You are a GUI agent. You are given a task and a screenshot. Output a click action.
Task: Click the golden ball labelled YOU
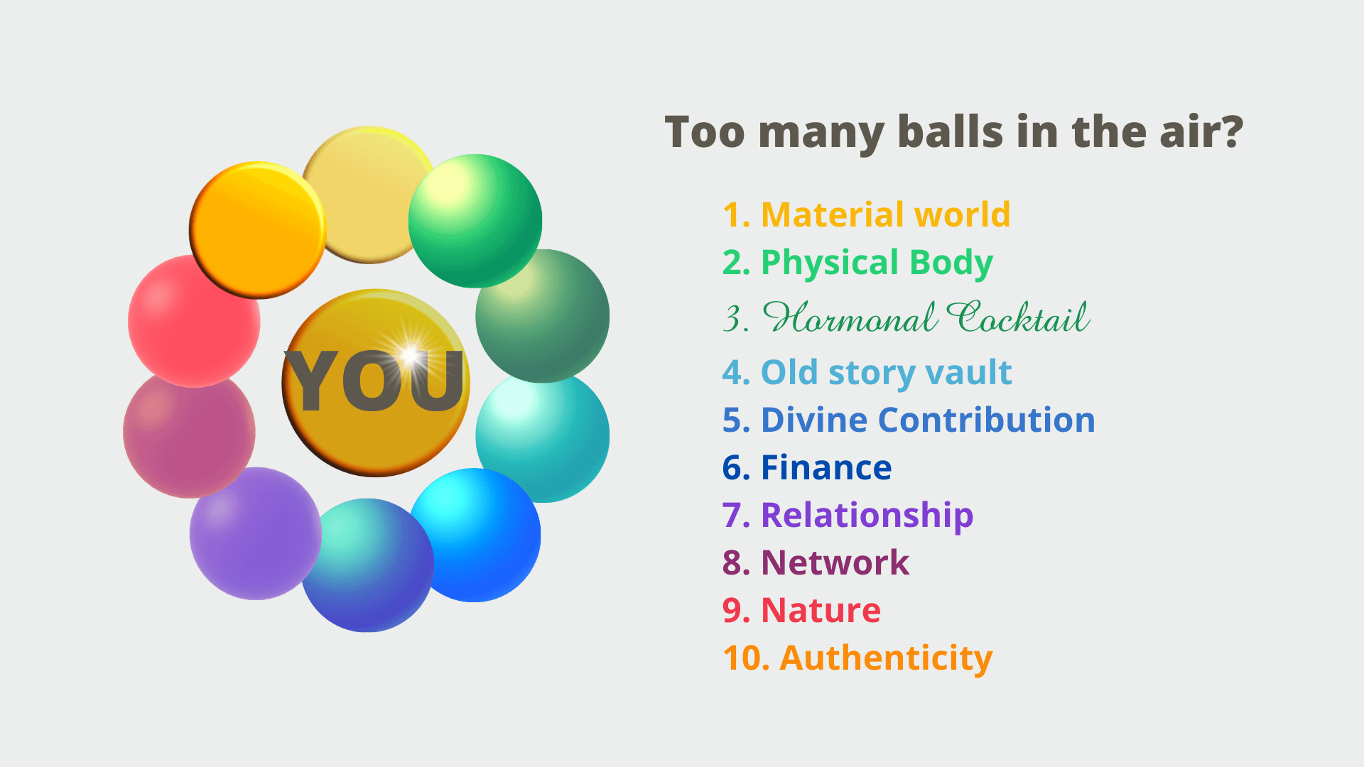tap(376, 383)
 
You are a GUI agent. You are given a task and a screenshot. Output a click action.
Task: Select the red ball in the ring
tap(194, 321)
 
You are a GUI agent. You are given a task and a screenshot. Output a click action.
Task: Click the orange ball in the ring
tap(257, 230)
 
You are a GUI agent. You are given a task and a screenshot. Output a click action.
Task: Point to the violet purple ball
tap(256, 533)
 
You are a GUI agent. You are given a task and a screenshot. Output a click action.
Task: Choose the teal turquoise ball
tap(543, 436)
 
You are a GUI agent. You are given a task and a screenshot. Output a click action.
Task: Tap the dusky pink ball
tap(189, 432)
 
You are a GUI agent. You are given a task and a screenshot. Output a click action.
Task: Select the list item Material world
tap(867, 214)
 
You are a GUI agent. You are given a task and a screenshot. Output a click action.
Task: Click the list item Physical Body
tap(857, 263)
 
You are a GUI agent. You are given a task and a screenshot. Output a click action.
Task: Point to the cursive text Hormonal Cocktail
tap(906, 317)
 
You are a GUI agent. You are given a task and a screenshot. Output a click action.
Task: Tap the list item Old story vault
tap(867, 373)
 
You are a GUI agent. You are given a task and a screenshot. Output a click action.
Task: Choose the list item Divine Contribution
tap(909, 420)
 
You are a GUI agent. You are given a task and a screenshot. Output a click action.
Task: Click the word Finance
tap(826, 468)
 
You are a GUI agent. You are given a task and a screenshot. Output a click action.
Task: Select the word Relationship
tap(867, 516)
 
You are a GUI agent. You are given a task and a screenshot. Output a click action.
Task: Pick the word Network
tap(835, 563)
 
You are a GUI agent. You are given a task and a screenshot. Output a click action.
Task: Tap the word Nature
tap(821, 611)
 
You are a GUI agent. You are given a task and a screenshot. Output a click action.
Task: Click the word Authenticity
tap(886, 658)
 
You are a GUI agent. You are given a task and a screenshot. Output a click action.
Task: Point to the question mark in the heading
tap(1228, 131)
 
